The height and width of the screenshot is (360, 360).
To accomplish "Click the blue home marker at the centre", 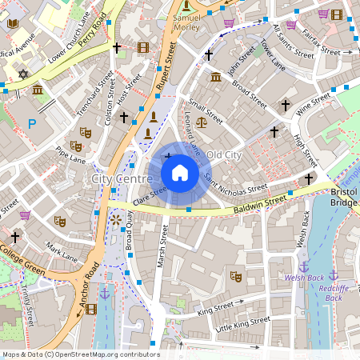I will (180, 172).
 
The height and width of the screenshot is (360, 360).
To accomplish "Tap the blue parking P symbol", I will (32, 123).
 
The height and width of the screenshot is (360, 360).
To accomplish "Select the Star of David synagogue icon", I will (22, 74).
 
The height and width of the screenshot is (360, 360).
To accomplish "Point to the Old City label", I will (224, 153).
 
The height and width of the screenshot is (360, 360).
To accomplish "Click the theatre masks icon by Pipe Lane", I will (76, 146).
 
